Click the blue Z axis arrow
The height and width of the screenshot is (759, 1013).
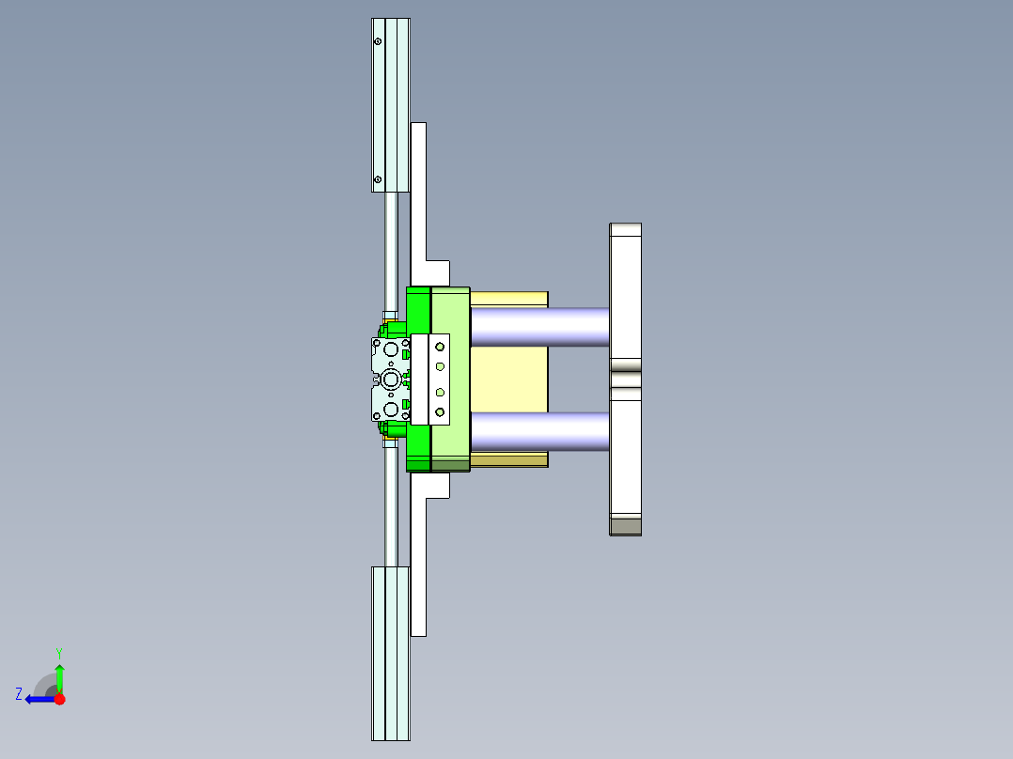[39, 699]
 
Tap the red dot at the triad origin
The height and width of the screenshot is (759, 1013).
[59, 699]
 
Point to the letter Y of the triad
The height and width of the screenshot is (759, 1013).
[58, 652]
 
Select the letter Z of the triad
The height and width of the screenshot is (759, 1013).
[19, 693]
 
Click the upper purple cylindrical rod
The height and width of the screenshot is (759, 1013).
[539, 326]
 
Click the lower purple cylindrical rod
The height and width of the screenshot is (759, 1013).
[539, 431]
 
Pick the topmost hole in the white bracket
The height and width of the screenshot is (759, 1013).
[439, 347]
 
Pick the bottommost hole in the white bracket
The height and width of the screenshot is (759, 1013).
[439, 411]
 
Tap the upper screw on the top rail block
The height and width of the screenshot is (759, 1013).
[378, 42]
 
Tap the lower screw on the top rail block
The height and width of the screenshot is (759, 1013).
[378, 179]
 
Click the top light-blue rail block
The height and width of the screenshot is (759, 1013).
[390, 103]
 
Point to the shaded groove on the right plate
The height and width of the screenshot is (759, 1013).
[625, 379]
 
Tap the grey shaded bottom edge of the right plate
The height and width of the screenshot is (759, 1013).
[625, 526]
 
